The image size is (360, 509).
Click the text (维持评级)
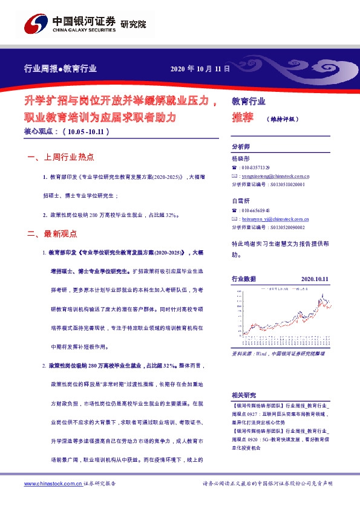pos(282,119)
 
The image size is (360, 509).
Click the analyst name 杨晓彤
pos(241,157)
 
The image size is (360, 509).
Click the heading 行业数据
pos(244,279)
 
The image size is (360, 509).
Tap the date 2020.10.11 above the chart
pos(314,279)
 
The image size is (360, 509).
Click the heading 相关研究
pos(244,394)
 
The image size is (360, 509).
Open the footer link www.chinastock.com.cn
pos(53,484)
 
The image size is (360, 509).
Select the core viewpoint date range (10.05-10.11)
pos(87,131)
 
